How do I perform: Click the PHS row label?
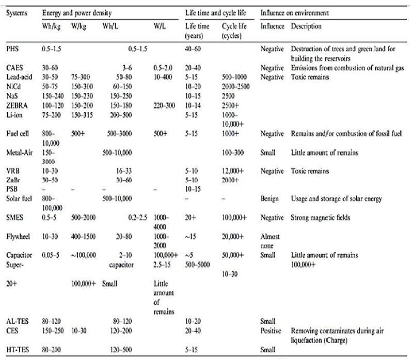[12, 48]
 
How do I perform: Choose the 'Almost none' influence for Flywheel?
[272, 240]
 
